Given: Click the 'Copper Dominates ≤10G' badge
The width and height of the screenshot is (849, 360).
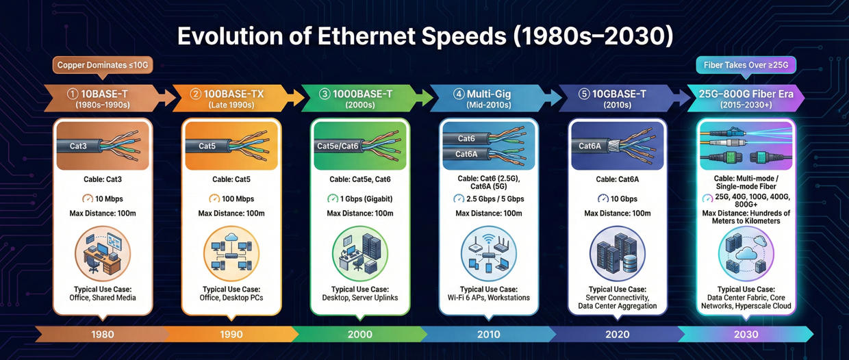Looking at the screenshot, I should pyautogui.click(x=102, y=66).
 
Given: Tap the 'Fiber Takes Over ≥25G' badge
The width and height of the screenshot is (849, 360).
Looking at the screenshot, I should pyautogui.click(x=746, y=66).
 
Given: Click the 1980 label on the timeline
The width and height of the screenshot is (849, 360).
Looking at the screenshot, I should pyautogui.click(x=102, y=334).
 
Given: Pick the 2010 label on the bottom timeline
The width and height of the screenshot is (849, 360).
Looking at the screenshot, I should pyautogui.click(x=489, y=334).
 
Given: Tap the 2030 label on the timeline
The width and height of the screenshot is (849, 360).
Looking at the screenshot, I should pyautogui.click(x=746, y=334).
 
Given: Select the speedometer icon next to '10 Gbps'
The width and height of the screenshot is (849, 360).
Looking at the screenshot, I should pyautogui.click(x=603, y=198).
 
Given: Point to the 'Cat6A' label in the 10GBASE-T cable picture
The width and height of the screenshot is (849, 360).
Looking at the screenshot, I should pyautogui.click(x=590, y=146).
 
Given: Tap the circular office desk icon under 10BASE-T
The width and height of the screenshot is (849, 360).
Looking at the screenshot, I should pyautogui.click(x=102, y=251).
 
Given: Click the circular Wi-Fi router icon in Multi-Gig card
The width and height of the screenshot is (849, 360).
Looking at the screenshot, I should pyautogui.click(x=489, y=251).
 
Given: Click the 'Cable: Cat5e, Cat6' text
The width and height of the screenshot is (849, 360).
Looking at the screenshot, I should pyautogui.click(x=360, y=179).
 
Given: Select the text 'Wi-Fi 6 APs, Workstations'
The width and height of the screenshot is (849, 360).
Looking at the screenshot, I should pyautogui.click(x=489, y=298).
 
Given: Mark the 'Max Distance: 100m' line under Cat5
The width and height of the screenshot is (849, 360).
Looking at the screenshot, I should pyautogui.click(x=231, y=214).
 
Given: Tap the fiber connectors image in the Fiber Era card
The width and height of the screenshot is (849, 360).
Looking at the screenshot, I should pyautogui.click(x=746, y=146).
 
